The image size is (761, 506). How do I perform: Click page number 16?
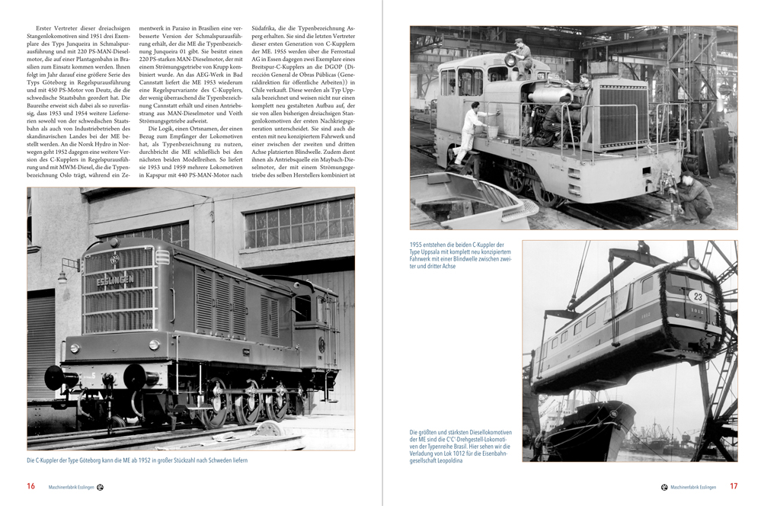[x=30, y=485]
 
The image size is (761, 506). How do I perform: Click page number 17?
[x=734, y=485]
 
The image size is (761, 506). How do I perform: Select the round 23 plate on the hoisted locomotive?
[x=696, y=297]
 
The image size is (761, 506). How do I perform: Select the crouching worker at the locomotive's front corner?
[x=695, y=194]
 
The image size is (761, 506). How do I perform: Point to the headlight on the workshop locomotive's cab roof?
[x=510, y=59]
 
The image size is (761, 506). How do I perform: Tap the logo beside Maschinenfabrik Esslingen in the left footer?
[x=100, y=486]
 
